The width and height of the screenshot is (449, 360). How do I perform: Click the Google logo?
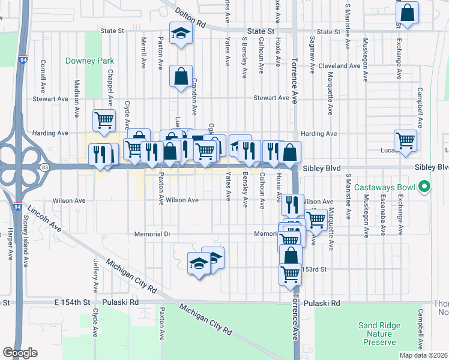point(20,353)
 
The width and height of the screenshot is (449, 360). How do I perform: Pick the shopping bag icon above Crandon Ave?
point(181,77)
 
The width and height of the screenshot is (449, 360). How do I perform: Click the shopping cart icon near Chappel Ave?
point(104,120)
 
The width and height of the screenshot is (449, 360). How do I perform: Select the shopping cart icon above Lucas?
point(406,140)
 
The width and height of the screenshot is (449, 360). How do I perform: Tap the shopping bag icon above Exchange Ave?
point(406,14)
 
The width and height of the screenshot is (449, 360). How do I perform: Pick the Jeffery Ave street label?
point(95,273)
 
